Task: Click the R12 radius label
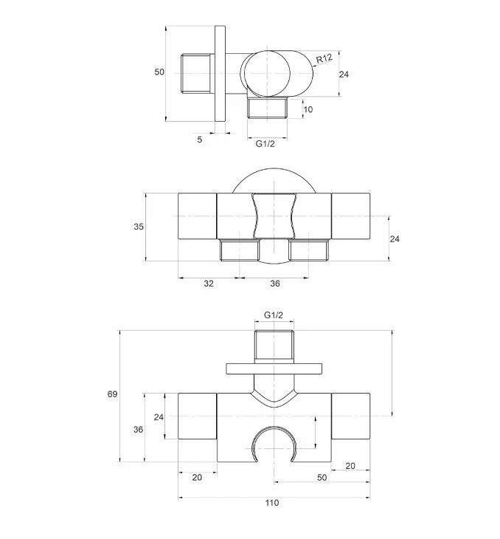(x=324, y=58)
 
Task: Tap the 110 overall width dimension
(x=272, y=503)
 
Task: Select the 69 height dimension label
(x=113, y=394)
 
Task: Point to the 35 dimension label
(x=139, y=227)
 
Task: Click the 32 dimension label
(x=209, y=284)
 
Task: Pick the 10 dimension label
(x=308, y=109)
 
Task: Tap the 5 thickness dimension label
(x=200, y=140)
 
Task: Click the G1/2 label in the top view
(x=265, y=144)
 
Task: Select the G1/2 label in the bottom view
(x=274, y=315)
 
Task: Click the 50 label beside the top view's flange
(x=159, y=72)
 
